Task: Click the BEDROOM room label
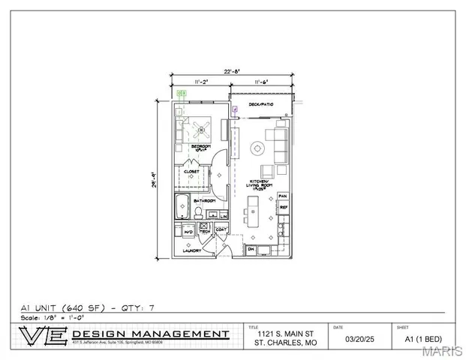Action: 200,145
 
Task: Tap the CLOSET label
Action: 192,172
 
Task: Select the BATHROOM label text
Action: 205,201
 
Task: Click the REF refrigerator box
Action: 284,208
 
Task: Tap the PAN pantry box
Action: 283,196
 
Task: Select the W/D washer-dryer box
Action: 188,232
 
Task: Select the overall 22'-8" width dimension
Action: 230,73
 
